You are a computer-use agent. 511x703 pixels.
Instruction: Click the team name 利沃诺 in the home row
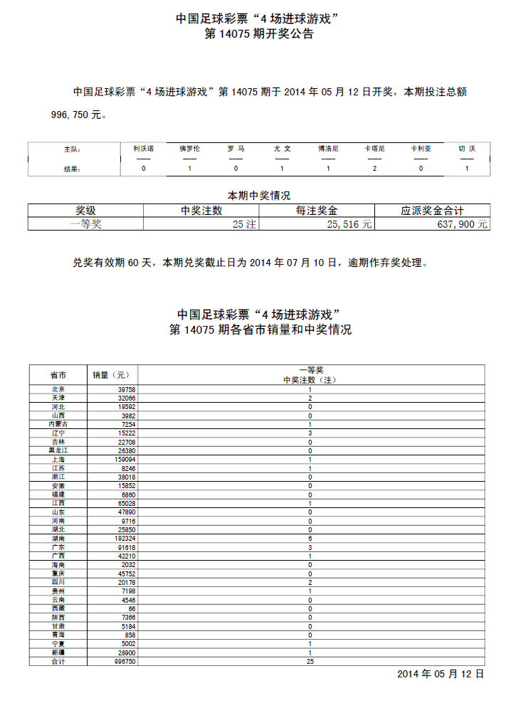point(143,149)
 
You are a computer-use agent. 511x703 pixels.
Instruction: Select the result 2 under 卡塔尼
point(374,169)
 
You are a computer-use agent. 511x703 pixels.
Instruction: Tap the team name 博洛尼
point(328,149)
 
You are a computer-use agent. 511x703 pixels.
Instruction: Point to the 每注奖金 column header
point(316,211)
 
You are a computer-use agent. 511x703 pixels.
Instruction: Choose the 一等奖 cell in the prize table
point(85,223)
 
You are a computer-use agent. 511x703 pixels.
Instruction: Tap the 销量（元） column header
point(111,375)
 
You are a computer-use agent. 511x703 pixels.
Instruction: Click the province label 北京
point(58,389)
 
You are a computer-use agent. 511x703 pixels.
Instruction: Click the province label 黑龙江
point(58,451)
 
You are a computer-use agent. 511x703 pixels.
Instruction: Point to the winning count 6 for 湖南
point(310,539)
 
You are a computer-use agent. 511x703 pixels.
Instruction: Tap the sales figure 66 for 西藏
point(131,609)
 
